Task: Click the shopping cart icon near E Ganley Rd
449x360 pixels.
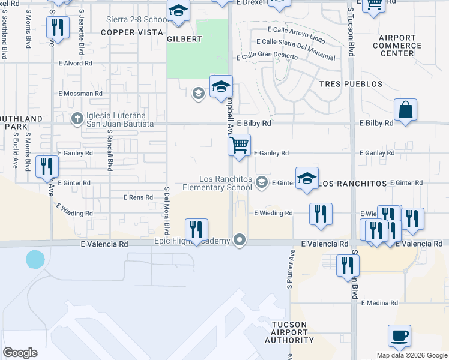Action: point(239,145)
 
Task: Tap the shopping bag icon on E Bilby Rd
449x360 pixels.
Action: point(405,110)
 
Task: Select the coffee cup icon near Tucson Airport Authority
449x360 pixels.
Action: point(399,335)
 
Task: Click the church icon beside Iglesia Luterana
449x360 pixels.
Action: point(77,119)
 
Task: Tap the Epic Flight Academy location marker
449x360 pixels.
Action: point(240,241)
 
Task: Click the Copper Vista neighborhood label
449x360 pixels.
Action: point(131,32)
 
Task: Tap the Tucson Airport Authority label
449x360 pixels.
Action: point(289,332)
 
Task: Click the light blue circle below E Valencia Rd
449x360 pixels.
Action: point(35,260)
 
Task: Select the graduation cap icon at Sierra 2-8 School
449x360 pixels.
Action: point(178,11)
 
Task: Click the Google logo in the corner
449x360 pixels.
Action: point(20,353)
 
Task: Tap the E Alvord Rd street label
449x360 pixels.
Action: point(75,62)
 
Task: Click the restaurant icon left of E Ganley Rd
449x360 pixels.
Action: point(47,166)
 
